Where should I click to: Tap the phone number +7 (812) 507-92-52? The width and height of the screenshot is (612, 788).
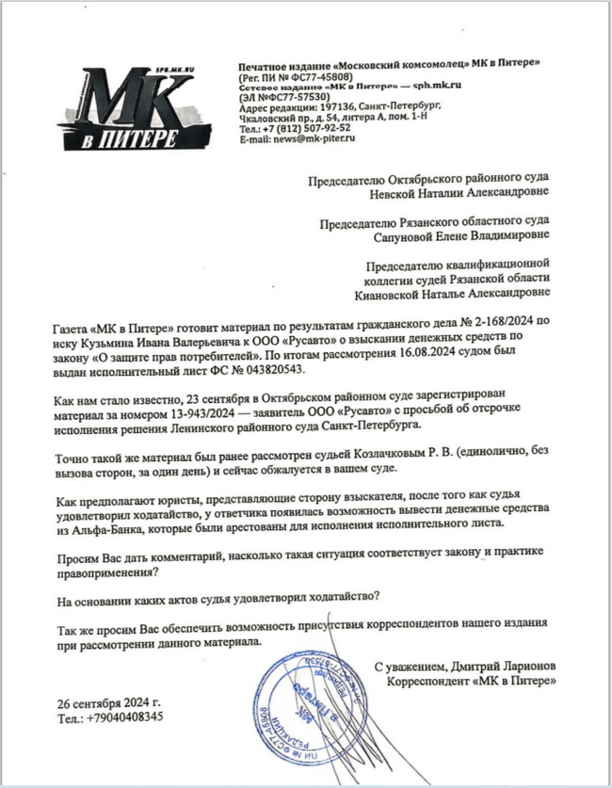click(302, 128)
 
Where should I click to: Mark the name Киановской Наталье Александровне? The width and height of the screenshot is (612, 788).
click(457, 293)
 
